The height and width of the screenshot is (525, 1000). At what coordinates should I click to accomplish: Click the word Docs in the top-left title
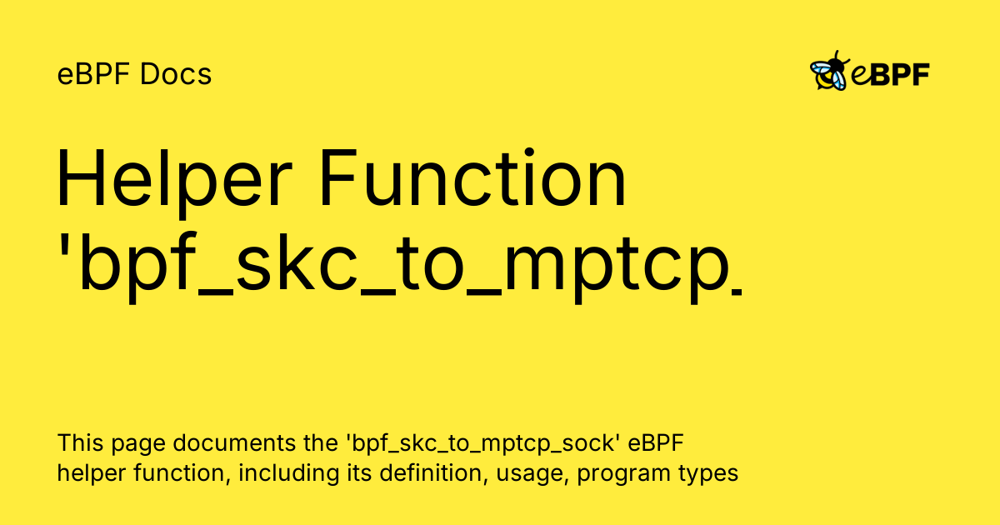(176, 75)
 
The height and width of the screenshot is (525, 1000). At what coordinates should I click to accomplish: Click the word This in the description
(76, 442)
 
